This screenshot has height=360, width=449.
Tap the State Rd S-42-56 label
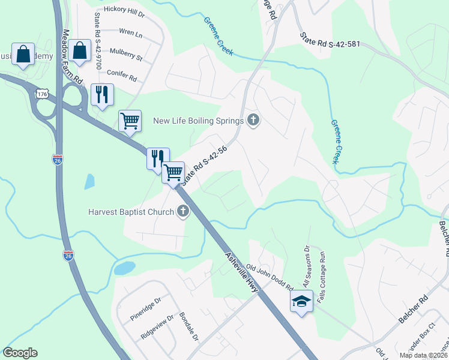point(204,164)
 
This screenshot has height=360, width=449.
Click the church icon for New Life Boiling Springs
point(253,121)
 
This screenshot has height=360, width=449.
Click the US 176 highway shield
point(42,95)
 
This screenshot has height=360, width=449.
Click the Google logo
point(20,353)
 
